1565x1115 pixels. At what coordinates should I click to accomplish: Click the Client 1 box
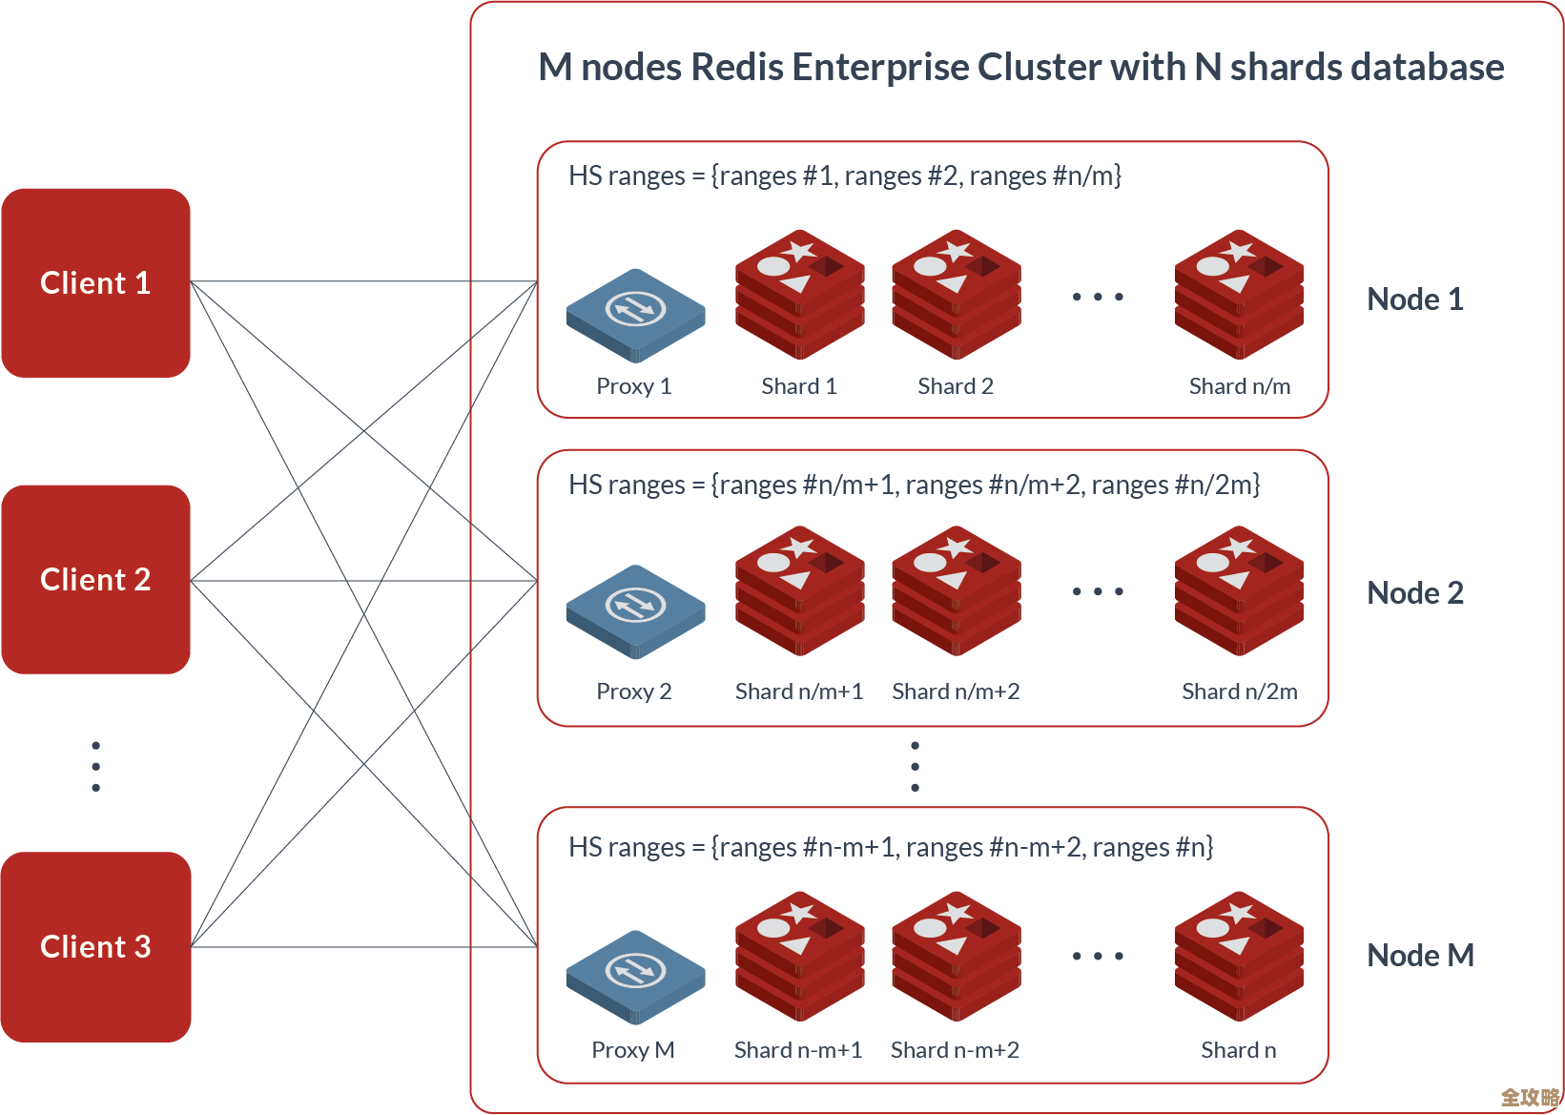95,283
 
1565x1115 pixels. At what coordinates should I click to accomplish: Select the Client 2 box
95,580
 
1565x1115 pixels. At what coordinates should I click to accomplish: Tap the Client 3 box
95,947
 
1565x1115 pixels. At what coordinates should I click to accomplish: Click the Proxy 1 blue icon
635,314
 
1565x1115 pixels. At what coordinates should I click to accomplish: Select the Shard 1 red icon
799,294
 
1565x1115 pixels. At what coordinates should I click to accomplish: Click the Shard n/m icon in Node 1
1239,294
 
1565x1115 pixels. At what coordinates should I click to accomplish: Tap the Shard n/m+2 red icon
957,590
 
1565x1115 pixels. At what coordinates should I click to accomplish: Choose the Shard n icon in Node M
1239,956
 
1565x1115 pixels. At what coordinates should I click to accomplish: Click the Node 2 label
1414,593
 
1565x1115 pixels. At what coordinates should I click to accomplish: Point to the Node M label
1420,956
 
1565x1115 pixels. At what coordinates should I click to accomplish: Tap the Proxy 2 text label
633,692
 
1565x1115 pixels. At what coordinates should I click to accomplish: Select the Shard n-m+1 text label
798,1050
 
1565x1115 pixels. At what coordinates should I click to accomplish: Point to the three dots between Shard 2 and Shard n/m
1098,297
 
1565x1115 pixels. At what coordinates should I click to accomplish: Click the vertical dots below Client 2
95,767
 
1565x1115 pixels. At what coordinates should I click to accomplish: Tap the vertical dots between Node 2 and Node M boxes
915,767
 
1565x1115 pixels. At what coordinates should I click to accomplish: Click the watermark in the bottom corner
1530,1098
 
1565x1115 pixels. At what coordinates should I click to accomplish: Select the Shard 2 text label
956,386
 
